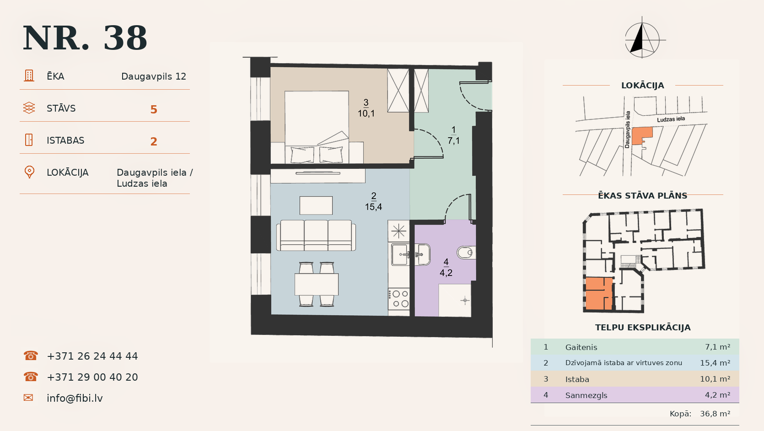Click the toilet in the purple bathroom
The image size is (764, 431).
(x=466, y=253)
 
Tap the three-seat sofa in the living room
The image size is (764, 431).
(x=316, y=235)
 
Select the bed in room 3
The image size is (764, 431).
(x=317, y=127)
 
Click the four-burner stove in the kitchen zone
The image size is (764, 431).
(x=399, y=299)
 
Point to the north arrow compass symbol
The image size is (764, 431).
(x=642, y=38)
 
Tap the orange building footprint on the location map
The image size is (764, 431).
(x=641, y=136)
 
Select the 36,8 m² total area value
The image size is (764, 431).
(x=715, y=414)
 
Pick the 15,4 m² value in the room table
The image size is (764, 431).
(x=715, y=363)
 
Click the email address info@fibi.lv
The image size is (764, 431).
(x=75, y=398)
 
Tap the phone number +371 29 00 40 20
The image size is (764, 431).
(x=92, y=377)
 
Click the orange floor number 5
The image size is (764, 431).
(x=154, y=109)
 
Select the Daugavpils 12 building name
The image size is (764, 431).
(x=154, y=76)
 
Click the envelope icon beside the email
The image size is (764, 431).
(x=28, y=398)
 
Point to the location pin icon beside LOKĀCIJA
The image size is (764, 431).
(x=29, y=172)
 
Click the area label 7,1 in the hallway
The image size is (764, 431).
(x=454, y=140)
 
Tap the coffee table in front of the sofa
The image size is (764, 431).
(x=316, y=205)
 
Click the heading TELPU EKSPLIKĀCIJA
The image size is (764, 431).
(x=643, y=328)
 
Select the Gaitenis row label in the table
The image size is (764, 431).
(x=581, y=347)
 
